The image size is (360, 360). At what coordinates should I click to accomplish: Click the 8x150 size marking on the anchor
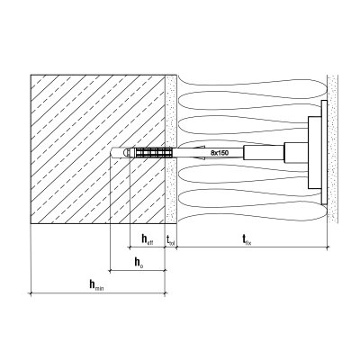click(x=220, y=153)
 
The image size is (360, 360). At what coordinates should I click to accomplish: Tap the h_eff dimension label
click(x=148, y=239)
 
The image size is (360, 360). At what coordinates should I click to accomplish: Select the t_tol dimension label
click(x=170, y=240)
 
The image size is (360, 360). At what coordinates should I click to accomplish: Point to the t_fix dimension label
click(x=247, y=240)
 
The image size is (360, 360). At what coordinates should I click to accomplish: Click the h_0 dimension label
click(x=139, y=263)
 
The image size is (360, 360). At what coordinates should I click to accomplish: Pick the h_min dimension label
click(x=96, y=285)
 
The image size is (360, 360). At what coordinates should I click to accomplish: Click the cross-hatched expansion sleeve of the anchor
click(x=154, y=153)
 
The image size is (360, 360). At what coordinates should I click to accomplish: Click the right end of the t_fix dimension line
click(x=327, y=247)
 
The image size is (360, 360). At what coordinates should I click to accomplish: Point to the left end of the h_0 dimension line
click(x=111, y=271)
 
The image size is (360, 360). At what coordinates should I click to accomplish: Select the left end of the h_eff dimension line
click(x=130, y=247)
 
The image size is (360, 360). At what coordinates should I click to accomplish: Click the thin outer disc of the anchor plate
click(x=324, y=152)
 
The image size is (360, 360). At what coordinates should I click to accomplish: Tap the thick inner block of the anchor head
click(x=314, y=153)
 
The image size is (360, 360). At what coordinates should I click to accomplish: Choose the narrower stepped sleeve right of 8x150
click(x=264, y=153)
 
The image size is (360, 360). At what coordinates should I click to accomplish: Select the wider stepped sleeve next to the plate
click(x=296, y=153)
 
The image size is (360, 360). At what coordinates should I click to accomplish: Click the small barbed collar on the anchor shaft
click(x=199, y=153)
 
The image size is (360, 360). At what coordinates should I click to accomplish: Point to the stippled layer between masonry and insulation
click(x=171, y=149)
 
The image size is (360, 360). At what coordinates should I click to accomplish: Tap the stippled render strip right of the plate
click(x=332, y=149)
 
